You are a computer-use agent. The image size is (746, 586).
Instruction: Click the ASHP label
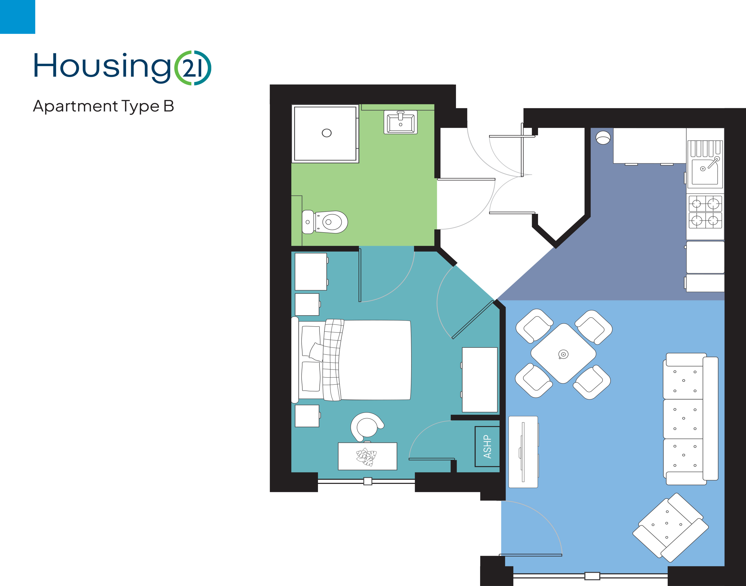(487, 447)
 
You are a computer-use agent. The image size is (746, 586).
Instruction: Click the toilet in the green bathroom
(325, 222)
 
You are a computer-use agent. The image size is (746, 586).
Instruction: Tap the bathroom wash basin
(400, 122)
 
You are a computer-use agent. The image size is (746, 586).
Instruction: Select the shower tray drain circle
(327, 133)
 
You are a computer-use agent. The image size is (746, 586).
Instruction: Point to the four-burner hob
(705, 212)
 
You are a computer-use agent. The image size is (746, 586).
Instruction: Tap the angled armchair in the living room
(670, 528)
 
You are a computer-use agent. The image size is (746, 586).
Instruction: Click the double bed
(351, 360)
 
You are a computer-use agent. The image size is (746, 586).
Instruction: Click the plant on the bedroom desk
(366, 457)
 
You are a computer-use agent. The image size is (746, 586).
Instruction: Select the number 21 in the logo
(192, 68)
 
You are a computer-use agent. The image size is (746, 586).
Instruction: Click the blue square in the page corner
(18, 17)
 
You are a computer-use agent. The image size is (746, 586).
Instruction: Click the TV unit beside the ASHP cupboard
(523, 452)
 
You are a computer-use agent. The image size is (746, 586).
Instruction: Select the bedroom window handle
(368, 481)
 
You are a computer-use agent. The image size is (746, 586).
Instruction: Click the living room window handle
(592, 576)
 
